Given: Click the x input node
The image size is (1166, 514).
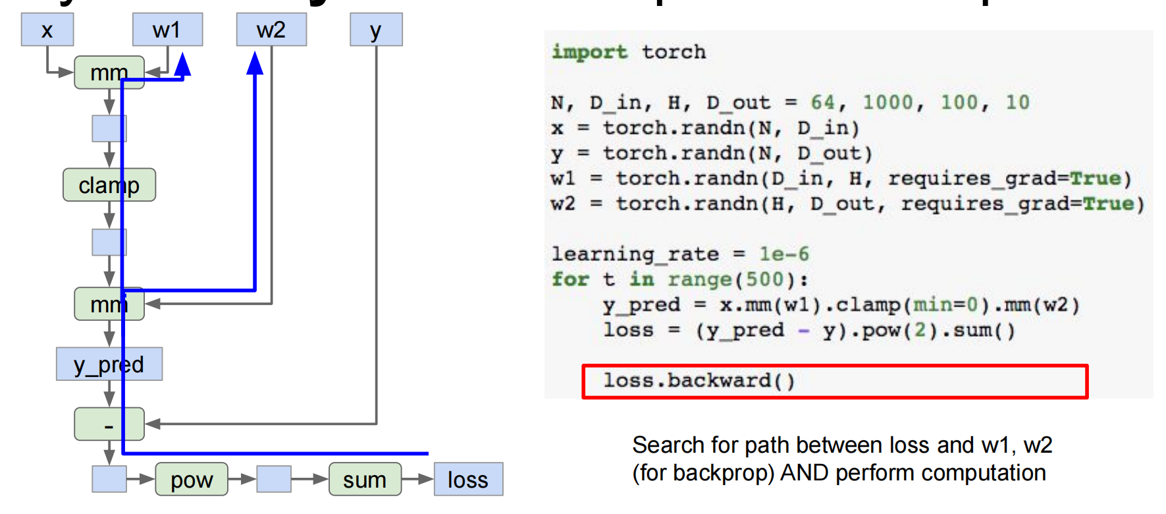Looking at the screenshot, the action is (x=47, y=30).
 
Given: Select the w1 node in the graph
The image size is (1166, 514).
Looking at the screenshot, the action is (x=167, y=30).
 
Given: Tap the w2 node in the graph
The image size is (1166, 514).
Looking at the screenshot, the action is (x=271, y=30).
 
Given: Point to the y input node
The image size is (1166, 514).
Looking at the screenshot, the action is (x=375, y=30).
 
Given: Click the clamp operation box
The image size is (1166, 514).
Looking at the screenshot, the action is (x=109, y=185).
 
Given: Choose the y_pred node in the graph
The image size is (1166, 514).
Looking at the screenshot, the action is (x=109, y=364).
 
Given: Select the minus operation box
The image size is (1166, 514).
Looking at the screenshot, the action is (x=109, y=424).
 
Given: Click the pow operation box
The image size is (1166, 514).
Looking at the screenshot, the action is (x=192, y=480).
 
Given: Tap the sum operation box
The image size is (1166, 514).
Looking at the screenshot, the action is (x=365, y=480).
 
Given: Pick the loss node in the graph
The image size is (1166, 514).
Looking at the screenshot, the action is (x=468, y=480).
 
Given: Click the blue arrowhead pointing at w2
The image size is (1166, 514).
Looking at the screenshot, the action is (x=255, y=63).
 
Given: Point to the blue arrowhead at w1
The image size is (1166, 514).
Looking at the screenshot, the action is (x=183, y=65).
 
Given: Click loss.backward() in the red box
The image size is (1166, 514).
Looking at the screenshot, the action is (x=699, y=381).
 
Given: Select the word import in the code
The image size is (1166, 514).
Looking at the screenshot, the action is (x=589, y=51).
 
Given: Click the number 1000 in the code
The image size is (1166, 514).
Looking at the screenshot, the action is (x=888, y=102).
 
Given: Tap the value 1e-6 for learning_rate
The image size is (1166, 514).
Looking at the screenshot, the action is (x=784, y=254).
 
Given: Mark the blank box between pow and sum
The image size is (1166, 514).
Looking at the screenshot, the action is (x=274, y=480).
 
